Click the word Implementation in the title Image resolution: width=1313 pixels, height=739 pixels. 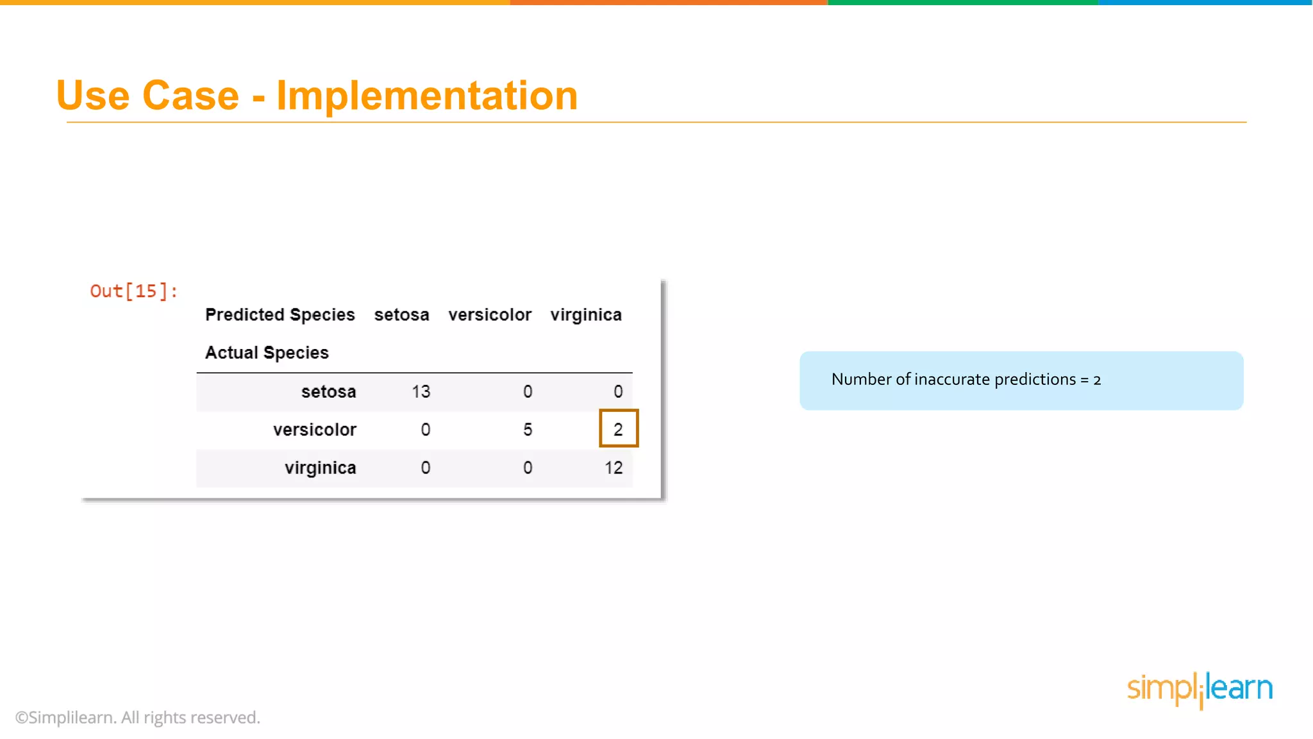point(427,96)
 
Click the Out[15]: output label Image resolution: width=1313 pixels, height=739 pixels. point(133,291)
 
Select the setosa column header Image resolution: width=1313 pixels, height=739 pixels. point(401,315)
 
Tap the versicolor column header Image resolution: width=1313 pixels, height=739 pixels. point(490,315)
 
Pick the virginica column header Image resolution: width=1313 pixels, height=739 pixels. point(586,315)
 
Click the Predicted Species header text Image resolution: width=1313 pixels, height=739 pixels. point(280,315)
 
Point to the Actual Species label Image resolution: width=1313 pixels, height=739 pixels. point(267,353)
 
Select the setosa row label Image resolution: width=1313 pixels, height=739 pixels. point(328,392)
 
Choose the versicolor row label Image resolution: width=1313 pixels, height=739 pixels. point(314,430)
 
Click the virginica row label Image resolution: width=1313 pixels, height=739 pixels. point(320,468)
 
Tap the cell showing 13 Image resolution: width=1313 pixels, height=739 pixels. point(421,392)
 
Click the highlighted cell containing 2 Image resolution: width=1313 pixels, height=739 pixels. point(618,429)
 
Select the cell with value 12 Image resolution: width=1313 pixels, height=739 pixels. point(614,468)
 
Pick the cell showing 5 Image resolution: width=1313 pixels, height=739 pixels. point(528,430)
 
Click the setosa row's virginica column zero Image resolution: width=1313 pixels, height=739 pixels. point(618,392)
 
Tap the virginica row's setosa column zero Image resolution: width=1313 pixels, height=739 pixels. point(426,468)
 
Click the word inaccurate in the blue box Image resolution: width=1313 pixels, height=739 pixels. point(951,380)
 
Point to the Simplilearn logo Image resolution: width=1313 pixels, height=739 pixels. point(1200,689)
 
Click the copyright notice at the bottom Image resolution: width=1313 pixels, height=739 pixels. point(137,717)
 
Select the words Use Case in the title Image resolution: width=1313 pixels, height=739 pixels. point(147,96)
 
